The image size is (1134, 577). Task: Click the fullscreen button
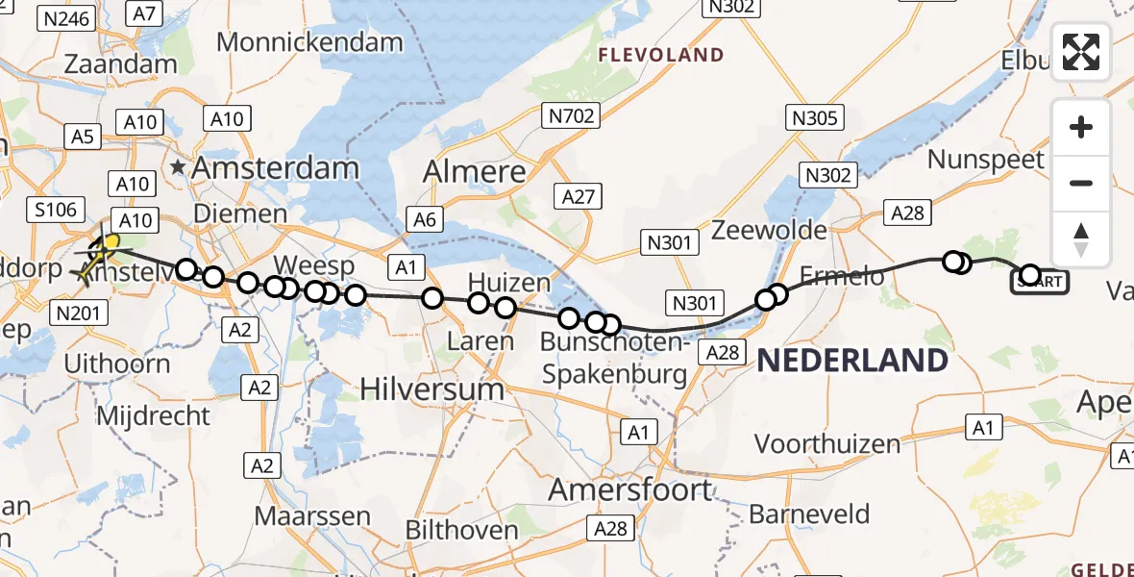click(1081, 52)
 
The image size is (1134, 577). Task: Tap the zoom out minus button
click(1081, 183)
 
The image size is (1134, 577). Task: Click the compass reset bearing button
click(1081, 239)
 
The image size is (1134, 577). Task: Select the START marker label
click(1038, 283)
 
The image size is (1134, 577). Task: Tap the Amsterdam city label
click(275, 167)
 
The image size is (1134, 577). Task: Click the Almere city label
click(476, 172)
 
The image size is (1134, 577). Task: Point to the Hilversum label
click(432, 389)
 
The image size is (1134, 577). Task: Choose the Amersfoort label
click(630, 489)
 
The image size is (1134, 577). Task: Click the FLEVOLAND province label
click(661, 55)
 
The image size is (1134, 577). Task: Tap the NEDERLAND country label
click(853, 361)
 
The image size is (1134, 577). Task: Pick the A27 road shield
click(579, 196)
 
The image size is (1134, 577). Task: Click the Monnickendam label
click(309, 42)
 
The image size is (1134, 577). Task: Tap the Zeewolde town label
click(769, 230)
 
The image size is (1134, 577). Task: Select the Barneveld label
click(809, 514)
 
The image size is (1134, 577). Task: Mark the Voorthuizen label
click(827, 444)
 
